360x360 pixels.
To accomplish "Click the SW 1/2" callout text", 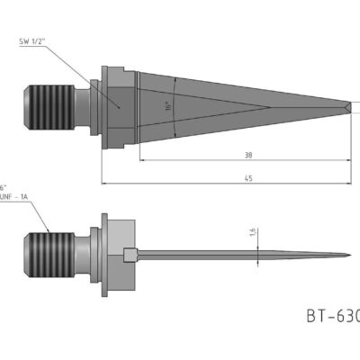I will tap(38, 41).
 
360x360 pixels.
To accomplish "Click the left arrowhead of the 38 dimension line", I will tap(142, 161).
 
